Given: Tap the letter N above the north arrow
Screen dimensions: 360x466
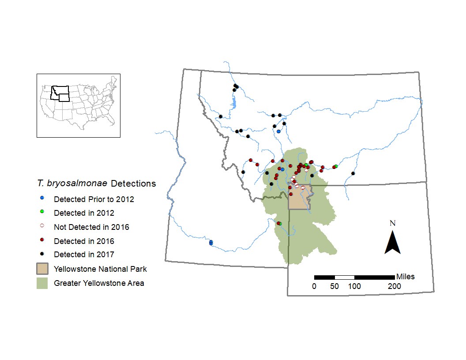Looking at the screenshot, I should coord(392,223).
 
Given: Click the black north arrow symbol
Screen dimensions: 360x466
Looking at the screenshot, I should coord(392,243).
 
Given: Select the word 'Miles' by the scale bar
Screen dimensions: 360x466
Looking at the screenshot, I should coord(405,277).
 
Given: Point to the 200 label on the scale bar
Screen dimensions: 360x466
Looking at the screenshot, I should coord(394,286).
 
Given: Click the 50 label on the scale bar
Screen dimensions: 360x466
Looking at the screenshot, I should coord(334,286).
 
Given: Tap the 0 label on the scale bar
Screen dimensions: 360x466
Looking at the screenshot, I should coord(314,286).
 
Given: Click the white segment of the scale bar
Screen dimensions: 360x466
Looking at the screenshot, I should coord(345,277).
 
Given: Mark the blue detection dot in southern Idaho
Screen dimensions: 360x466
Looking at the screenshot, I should coord(211,242).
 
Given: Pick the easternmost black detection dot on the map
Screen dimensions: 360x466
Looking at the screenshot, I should coord(353,173).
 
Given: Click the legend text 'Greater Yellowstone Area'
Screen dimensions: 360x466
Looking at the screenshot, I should coord(99,283).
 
